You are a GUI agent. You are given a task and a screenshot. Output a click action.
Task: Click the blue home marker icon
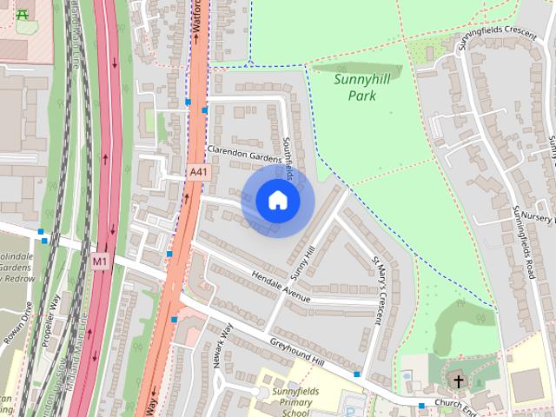click(x=277, y=201)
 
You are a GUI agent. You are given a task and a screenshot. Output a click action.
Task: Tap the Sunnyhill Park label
click(x=361, y=87)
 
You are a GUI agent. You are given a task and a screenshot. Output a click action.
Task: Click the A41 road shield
click(x=199, y=173)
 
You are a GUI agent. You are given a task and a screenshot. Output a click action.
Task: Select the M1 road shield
click(x=101, y=260)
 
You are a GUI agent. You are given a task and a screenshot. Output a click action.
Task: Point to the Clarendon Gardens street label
click(x=244, y=153)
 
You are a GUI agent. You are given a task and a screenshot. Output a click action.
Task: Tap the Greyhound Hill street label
click(x=297, y=352)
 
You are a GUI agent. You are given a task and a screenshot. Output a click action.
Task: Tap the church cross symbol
click(x=458, y=380)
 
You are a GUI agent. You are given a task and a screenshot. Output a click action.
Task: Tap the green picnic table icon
click(x=21, y=13)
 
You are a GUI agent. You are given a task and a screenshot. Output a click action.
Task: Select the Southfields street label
click(x=289, y=156)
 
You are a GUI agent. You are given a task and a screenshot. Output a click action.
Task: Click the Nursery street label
click(x=539, y=216)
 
